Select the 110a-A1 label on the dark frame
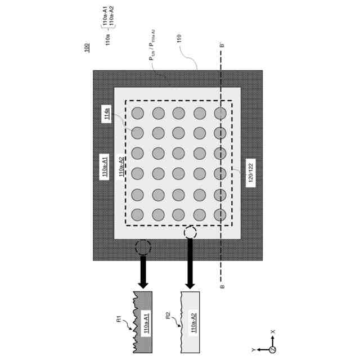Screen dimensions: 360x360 pyautogui.click(x=105, y=166)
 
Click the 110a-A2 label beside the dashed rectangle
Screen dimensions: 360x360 pyautogui.click(x=123, y=166)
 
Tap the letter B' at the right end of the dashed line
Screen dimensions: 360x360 pyautogui.click(x=222, y=46)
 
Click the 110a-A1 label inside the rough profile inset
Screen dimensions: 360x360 pyautogui.click(x=146, y=324)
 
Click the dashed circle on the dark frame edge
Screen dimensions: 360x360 pyautogui.click(x=143, y=247)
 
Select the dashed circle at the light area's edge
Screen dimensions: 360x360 pyautogui.click(x=190, y=232)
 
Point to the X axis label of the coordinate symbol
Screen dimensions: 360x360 pyautogui.click(x=273, y=332)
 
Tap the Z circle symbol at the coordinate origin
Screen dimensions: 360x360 pyautogui.click(x=273, y=350)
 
